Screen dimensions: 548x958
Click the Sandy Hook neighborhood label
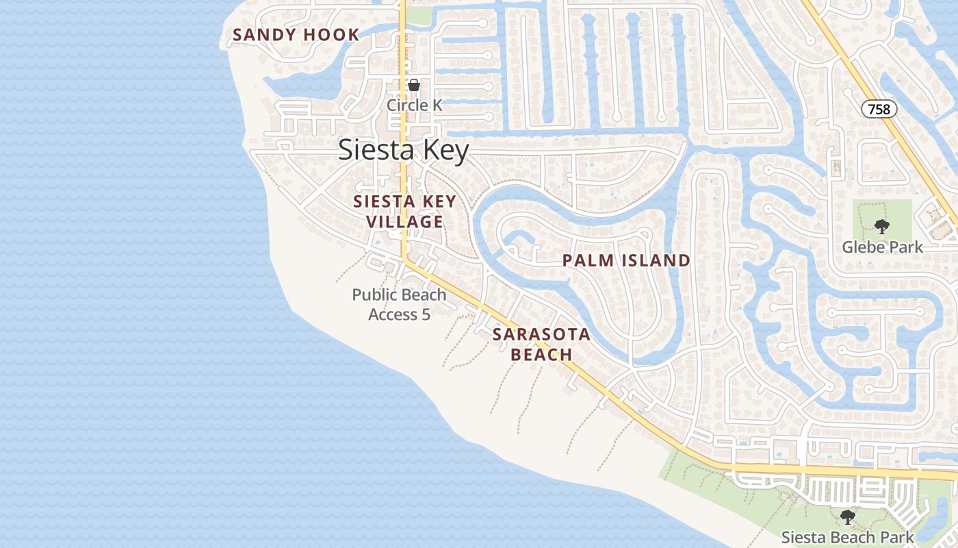point(296,35)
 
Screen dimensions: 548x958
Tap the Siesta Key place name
point(404,151)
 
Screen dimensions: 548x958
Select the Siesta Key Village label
point(404,212)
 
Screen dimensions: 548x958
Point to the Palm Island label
point(626,260)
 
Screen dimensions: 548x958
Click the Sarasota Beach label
point(541,345)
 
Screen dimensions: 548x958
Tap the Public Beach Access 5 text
point(399,305)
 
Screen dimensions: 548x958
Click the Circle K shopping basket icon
point(413,86)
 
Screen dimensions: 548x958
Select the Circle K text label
point(415,105)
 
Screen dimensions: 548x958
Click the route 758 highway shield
point(879,109)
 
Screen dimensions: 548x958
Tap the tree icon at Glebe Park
point(881,227)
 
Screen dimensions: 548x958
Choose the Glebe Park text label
point(882,247)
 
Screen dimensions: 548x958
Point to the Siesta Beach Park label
point(848,538)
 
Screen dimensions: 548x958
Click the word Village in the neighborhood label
point(404,222)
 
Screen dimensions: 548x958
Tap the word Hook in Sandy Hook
point(331,35)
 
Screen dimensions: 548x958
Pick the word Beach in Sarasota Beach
point(541,354)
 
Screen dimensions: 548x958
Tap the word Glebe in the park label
point(864,247)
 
